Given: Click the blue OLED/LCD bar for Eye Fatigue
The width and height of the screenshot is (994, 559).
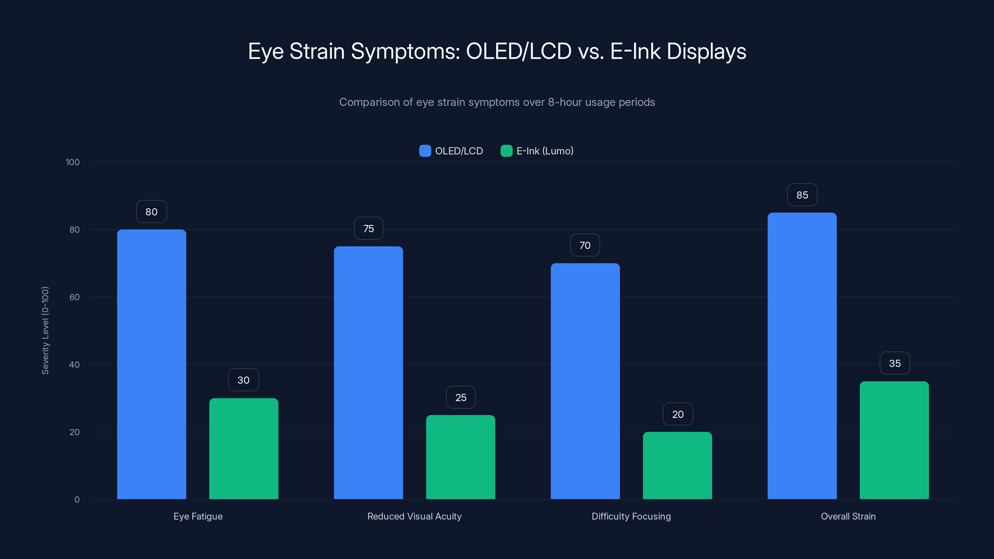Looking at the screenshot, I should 151,364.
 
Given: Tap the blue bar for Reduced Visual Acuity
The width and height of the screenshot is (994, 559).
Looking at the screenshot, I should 368,373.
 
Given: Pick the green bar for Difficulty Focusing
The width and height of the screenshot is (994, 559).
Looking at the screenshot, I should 677,465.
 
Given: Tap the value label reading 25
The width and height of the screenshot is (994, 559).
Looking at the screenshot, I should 461,398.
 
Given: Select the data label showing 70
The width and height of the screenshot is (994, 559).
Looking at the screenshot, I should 585,245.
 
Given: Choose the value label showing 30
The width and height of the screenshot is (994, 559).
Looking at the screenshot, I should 244,380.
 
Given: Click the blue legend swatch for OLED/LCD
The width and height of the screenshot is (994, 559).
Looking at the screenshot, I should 425,151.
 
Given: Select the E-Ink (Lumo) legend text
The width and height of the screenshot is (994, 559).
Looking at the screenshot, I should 545,151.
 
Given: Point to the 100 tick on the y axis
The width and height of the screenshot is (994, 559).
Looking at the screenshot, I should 73,162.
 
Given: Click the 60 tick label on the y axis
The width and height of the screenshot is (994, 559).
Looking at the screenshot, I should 75,297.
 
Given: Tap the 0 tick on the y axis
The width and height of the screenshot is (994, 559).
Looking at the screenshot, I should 77,500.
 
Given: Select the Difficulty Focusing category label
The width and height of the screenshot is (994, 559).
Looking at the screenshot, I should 631,516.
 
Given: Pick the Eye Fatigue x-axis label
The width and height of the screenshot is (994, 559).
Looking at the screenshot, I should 198,516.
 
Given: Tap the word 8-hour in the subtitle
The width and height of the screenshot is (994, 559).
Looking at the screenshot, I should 565,102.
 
